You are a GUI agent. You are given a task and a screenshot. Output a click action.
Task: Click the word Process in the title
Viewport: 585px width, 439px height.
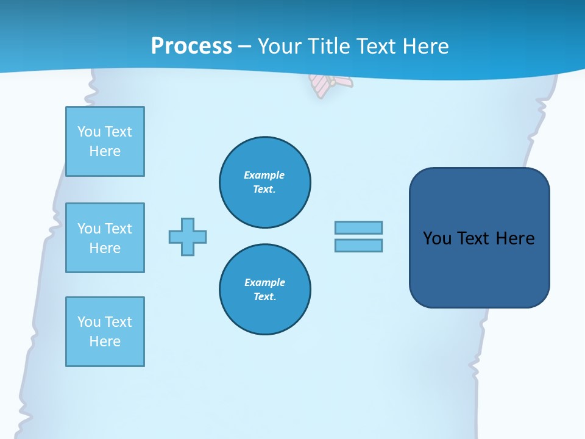pos(191,46)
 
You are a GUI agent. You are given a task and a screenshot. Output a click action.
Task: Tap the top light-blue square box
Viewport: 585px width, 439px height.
pos(105,141)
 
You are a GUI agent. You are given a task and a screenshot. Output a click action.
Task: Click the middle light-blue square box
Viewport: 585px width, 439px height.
pos(105,238)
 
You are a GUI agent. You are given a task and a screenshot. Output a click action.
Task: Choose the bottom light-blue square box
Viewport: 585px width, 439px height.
pos(105,332)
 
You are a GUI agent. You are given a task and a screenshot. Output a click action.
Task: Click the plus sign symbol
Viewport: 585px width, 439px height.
pos(188,237)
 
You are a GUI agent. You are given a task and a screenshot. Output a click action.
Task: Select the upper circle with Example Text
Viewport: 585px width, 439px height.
pos(265,182)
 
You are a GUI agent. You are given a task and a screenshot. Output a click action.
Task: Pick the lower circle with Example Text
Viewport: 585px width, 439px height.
pos(265,289)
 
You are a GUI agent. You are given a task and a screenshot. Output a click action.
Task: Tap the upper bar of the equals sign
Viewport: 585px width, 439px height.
pos(358,227)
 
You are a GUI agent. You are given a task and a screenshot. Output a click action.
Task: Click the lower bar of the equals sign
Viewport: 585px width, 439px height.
pos(358,245)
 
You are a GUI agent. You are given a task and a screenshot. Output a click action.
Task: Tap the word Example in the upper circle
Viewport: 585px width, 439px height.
pos(264,175)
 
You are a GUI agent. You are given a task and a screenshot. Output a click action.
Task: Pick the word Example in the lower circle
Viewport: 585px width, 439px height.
pos(264,282)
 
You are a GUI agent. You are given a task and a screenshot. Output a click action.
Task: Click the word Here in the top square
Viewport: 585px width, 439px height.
pos(105,151)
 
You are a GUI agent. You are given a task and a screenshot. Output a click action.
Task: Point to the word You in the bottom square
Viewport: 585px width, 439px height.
pos(89,322)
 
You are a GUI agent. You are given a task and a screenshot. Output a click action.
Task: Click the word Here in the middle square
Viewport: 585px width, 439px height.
pos(105,248)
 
